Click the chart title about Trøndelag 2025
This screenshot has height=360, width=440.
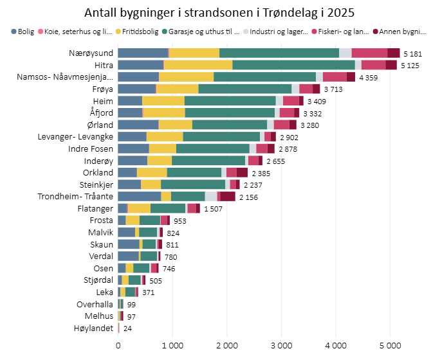pyautogui.click(x=219, y=13)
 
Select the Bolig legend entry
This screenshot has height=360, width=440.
pyautogui.click(x=23, y=32)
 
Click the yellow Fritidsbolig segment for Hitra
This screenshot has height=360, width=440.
pyautogui.click(x=198, y=65)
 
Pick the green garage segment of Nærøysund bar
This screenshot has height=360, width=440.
pyautogui.click(x=279, y=53)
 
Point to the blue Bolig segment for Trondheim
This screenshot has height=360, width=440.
pyautogui.click(x=140, y=196)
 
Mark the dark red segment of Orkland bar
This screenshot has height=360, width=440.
pyautogui.click(x=242, y=172)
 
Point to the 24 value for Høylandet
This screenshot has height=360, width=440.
pyautogui.click(x=128, y=328)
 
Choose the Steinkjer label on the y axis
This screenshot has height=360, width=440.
pyautogui.click(x=97, y=184)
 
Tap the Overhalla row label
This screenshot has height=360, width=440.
pyautogui.click(x=95, y=304)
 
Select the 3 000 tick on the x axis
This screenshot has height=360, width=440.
pyautogui.click(x=281, y=346)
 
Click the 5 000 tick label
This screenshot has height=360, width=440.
pyautogui.click(x=390, y=346)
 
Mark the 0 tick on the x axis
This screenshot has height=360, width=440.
pyautogui.click(x=118, y=346)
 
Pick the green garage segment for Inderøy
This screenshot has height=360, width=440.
pyautogui.click(x=208, y=160)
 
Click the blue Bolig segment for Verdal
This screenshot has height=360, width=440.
pyautogui.click(x=128, y=256)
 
